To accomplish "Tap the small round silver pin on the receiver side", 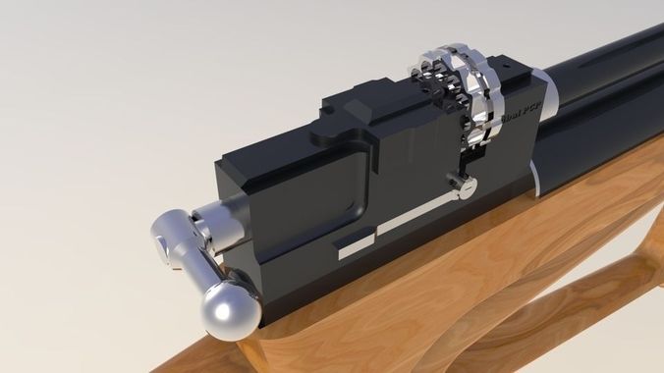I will click(453, 182).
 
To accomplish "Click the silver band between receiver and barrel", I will click(546, 108).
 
